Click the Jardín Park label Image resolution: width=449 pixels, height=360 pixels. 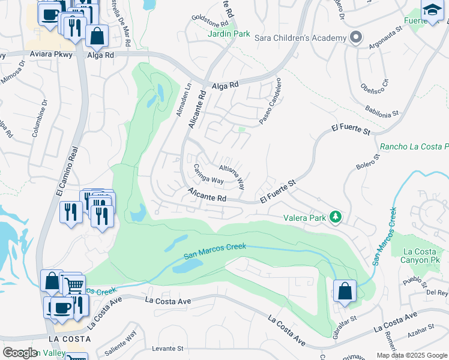click(x=229, y=34)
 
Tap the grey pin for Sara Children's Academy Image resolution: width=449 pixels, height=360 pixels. click(x=356, y=37)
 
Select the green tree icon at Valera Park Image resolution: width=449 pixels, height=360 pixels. click(x=336, y=217)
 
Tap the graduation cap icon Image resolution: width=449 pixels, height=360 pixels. click(x=432, y=10)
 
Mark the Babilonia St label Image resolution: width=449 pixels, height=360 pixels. click(x=382, y=112)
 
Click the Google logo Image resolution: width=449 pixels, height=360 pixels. click(x=20, y=353)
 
